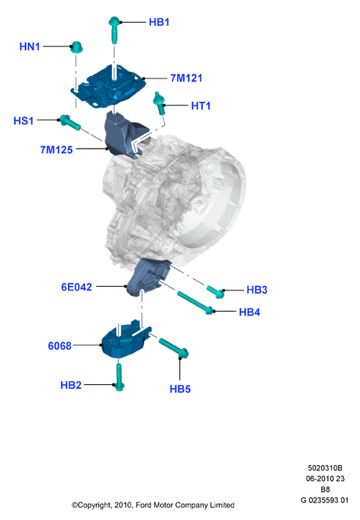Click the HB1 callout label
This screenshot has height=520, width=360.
pyautogui.click(x=159, y=22)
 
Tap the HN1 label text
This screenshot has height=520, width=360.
pyautogui.click(x=30, y=47)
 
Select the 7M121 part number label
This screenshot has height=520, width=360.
pyautogui.click(x=186, y=79)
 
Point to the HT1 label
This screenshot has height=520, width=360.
pyautogui.click(x=201, y=106)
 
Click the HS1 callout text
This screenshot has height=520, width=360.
pyautogui.click(x=24, y=120)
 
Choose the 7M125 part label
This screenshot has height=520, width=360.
pyautogui.click(x=56, y=150)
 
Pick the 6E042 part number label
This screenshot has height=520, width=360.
pyautogui.click(x=76, y=287)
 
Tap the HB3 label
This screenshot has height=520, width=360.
pyautogui.click(x=257, y=290)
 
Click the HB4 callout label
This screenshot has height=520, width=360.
pyautogui.click(x=249, y=312)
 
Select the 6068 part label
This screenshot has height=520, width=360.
pyautogui.click(x=59, y=346)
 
